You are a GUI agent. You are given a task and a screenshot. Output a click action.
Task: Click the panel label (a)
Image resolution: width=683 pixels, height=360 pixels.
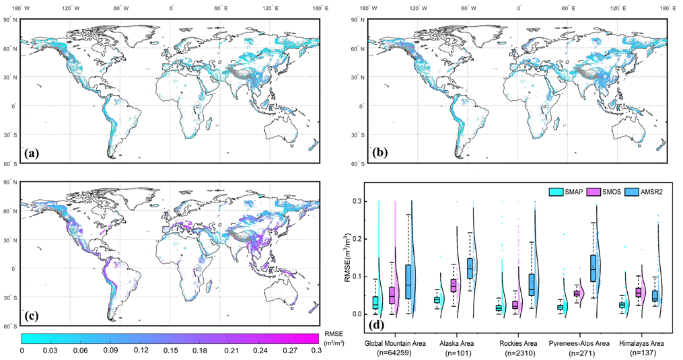[30, 153]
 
